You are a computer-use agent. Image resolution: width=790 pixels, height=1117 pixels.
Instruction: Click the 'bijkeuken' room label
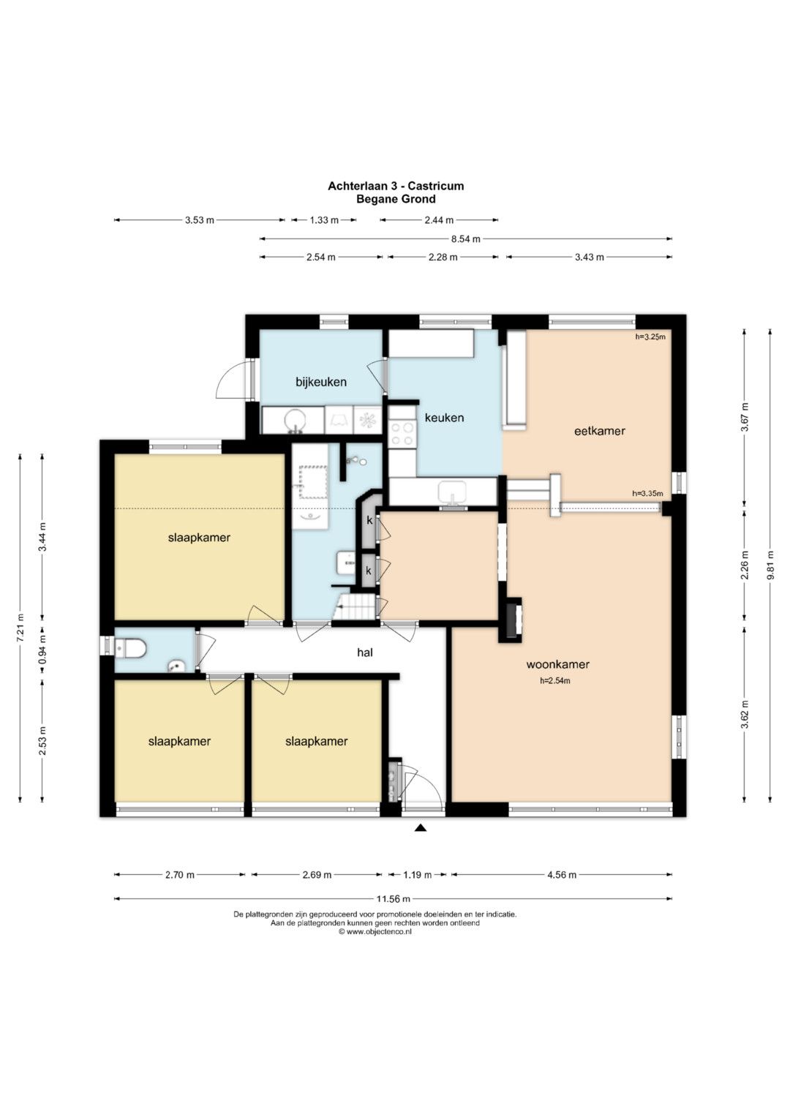tap(320, 383)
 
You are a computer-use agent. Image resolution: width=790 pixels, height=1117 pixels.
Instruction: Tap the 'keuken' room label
tap(444, 418)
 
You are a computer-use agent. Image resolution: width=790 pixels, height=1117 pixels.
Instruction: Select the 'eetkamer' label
tap(600, 431)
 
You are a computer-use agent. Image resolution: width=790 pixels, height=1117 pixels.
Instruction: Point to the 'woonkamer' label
tap(557, 664)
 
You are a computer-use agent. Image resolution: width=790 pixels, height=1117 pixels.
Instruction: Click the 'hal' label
tap(365, 652)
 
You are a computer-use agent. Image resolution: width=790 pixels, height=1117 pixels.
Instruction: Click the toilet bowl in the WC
tap(131, 649)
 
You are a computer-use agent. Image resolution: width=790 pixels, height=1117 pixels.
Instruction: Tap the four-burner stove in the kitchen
tap(402, 433)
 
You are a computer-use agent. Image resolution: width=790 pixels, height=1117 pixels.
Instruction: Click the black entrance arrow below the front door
tap(421, 828)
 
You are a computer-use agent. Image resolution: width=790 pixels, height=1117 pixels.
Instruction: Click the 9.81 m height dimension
tap(770, 565)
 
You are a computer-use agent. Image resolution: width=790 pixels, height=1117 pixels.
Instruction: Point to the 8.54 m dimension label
tap(466, 239)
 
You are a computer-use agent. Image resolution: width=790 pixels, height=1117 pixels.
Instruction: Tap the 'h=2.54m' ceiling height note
tap(554, 681)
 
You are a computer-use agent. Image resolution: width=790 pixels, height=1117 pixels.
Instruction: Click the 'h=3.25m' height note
tap(650, 336)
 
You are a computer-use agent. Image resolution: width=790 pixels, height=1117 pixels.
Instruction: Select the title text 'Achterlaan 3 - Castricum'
tap(396, 186)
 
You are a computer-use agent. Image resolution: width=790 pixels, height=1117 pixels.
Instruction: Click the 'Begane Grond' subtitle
tap(396, 199)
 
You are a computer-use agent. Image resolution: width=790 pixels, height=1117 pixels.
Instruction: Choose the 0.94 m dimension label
tap(42, 652)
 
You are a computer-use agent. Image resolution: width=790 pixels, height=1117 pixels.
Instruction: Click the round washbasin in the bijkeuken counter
tap(294, 421)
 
